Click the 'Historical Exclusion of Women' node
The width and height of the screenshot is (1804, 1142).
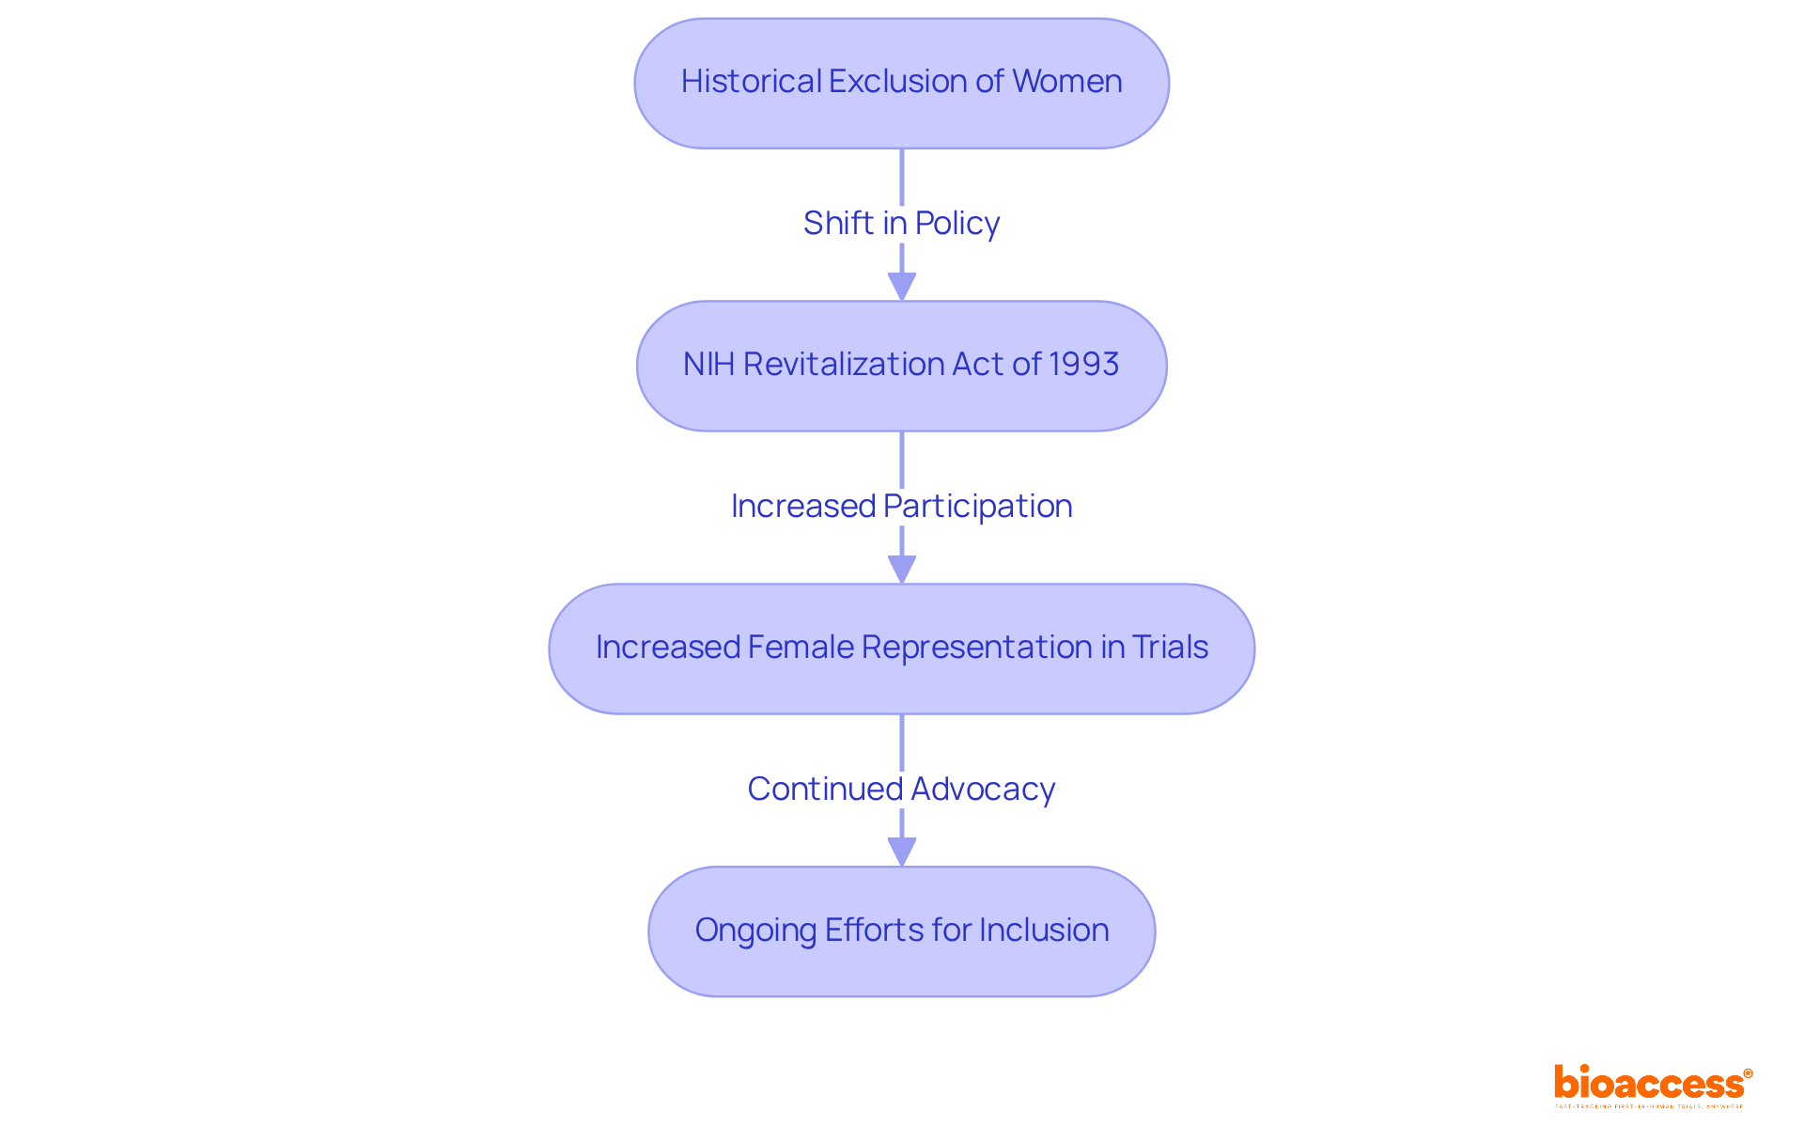(x=901, y=83)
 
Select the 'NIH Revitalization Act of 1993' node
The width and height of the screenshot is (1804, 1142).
(x=901, y=366)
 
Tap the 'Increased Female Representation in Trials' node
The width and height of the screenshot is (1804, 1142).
(x=901, y=649)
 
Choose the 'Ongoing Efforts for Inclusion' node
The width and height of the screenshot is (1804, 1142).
(x=901, y=931)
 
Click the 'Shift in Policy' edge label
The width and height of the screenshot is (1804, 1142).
(x=901, y=224)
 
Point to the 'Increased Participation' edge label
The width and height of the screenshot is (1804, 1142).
(x=901, y=507)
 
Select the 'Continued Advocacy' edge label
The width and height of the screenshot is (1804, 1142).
(x=901, y=790)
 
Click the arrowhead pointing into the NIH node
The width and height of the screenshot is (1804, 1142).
(x=902, y=287)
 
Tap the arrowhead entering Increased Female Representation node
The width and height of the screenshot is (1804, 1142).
(x=902, y=570)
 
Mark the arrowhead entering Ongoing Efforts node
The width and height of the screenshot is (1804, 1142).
(x=902, y=853)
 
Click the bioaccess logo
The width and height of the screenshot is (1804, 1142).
(x=1652, y=1084)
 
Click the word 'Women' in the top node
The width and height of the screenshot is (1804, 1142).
(x=1067, y=82)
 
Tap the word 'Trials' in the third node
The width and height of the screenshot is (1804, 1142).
(x=1170, y=648)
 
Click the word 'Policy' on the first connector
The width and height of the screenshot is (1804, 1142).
(x=956, y=224)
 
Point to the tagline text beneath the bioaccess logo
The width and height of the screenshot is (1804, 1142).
(x=1649, y=1106)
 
